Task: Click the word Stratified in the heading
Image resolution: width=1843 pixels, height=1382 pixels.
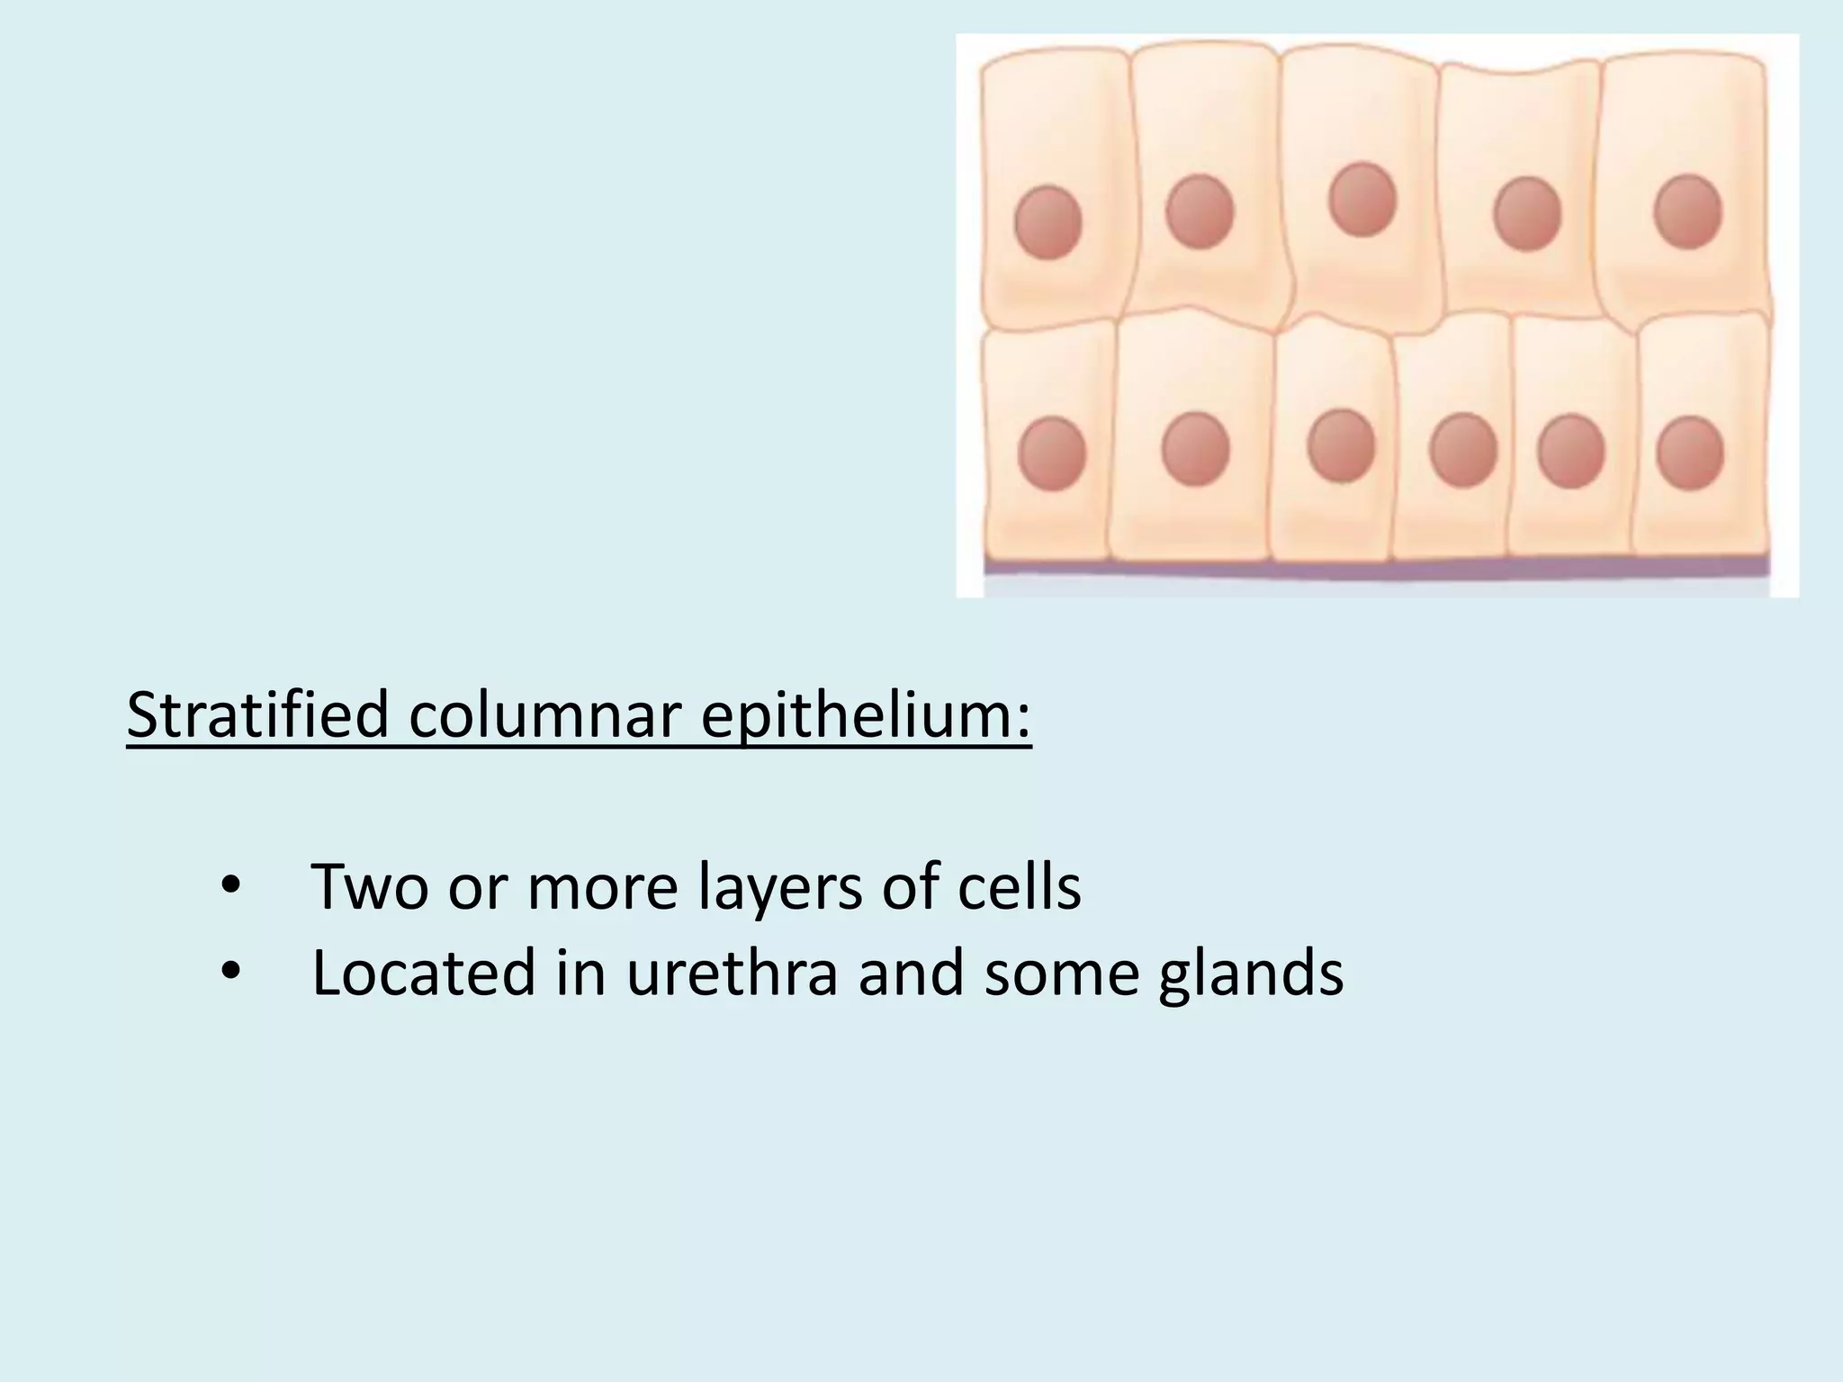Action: point(257,714)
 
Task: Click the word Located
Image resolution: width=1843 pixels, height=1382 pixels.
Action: point(423,973)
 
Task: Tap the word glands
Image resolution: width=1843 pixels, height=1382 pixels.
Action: point(1251,973)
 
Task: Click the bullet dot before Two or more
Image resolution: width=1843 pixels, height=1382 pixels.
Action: point(230,887)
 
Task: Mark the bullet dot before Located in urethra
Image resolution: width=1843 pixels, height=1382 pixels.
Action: point(230,973)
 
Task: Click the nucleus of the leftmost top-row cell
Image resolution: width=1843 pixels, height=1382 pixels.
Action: point(1047,222)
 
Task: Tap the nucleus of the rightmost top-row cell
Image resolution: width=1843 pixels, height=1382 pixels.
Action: point(1688,212)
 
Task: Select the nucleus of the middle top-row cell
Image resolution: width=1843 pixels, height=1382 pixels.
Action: point(1362,200)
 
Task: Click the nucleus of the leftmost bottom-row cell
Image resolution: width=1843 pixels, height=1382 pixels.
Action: point(1051,453)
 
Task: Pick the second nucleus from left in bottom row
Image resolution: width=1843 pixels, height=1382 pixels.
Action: point(1195,449)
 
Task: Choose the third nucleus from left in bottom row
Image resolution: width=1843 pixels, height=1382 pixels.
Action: point(1341,446)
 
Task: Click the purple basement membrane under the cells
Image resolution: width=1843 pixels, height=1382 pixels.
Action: point(1377,568)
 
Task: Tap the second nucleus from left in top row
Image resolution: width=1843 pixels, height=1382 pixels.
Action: point(1200,211)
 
